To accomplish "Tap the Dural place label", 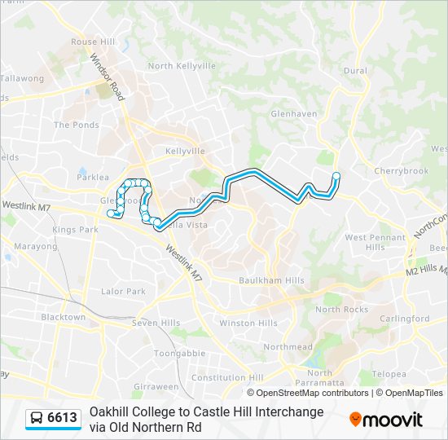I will pyautogui.click(x=355, y=71).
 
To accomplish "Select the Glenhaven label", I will pyautogui.click(x=293, y=113).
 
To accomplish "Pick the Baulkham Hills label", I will pyautogui.click(x=271, y=280).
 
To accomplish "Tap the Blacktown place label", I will pyautogui.click(x=63, y=317).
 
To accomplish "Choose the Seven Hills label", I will pyautogui.click(x=156, y=323).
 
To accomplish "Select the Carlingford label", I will pyautogui.click(x=405, y=319).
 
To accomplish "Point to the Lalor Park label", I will pyautogui.click(x=123, y=291).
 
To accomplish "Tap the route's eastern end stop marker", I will pyautogui.click(x=336, y=175).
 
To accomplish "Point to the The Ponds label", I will pyautogui.click(x=76, y=125).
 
